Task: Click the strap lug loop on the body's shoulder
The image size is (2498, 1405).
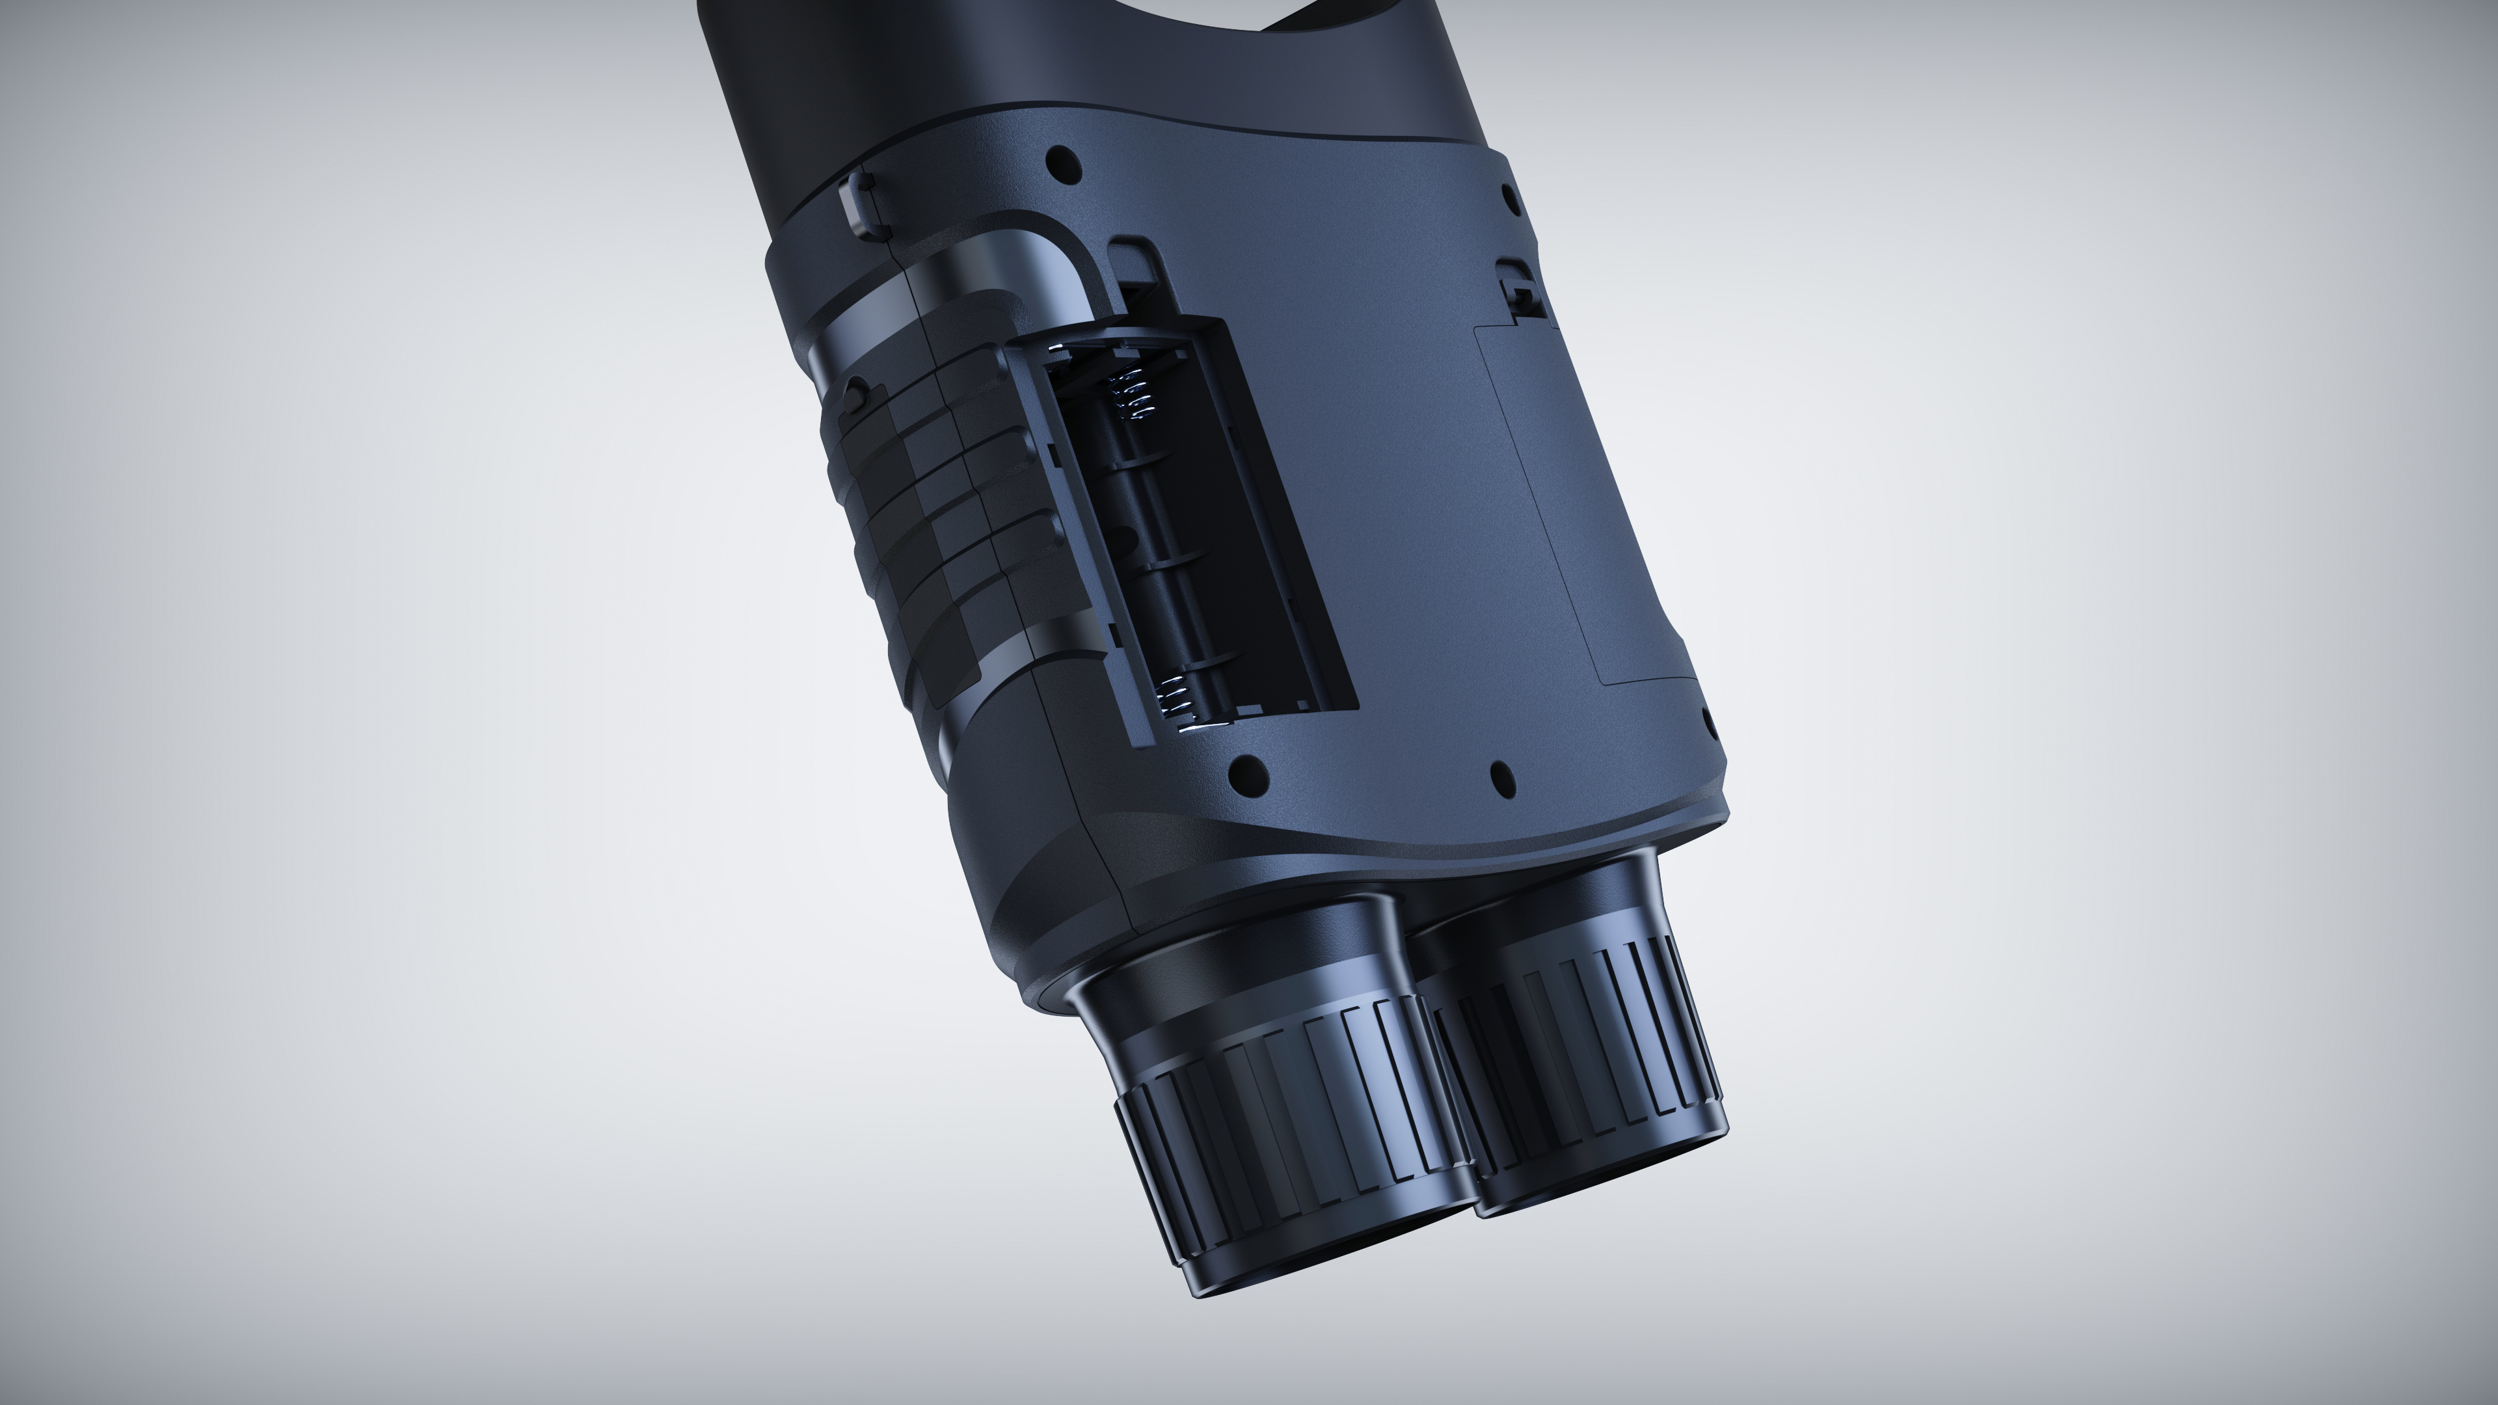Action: pyautogui.click(x=853, y=204)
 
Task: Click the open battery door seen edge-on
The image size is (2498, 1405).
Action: pyautogui.click(x=1077, y=543)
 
